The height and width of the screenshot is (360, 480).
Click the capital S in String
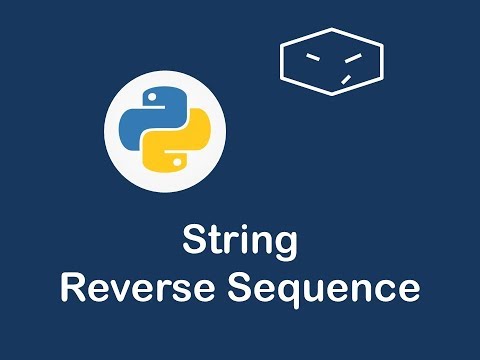[x=194, y=243]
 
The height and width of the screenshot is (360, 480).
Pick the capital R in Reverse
[x=73, y=287]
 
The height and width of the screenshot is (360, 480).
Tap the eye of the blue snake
[x=153, y=95]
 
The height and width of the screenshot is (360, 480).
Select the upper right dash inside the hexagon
[x=350, y=56]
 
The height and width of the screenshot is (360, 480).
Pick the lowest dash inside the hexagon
[x=345, y=78]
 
